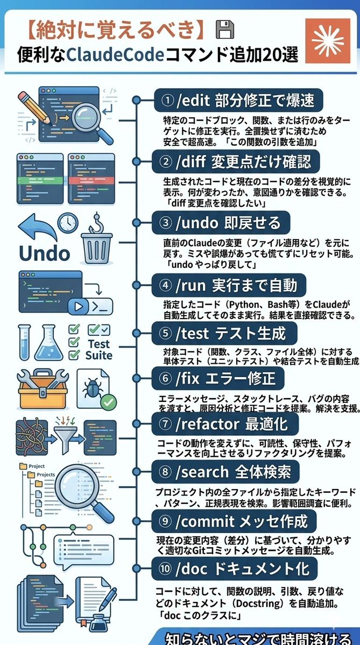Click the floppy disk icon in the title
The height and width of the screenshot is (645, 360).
click(x=223, y=30)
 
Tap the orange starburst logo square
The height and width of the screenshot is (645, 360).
click(x=327, y=40)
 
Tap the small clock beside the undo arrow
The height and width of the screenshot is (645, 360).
click(x=68, y=222)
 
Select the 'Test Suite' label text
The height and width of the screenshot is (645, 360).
click(x=98, y=350)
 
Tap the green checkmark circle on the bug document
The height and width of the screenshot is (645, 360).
click(x=109, y=401)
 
